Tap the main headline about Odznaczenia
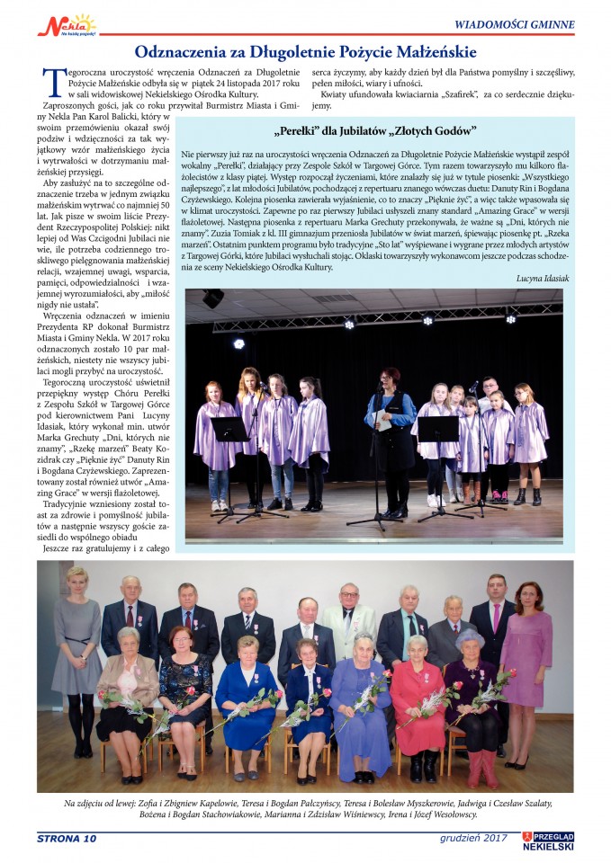click(305, 52)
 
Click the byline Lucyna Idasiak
click(542, 279)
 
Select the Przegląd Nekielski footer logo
click(548, 841)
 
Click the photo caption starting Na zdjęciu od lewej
click(305, 808)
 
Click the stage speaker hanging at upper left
click(213, 298)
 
